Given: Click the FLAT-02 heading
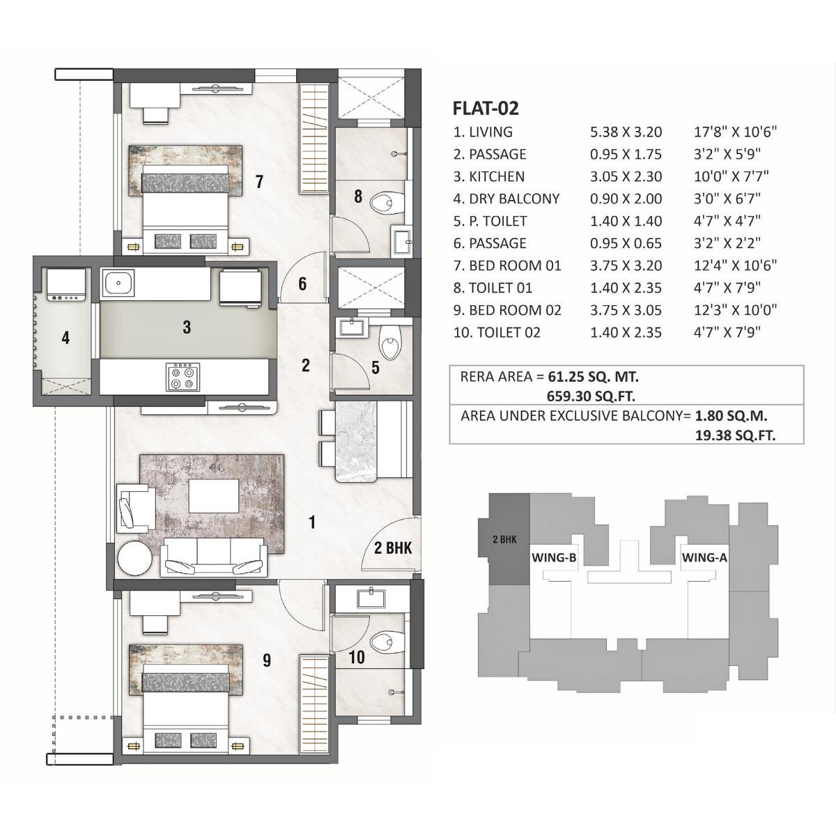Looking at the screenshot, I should (x=486, y=108).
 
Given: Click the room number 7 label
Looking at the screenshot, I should (x=259, y=183).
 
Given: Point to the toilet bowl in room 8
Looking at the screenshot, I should (x=385, y=203).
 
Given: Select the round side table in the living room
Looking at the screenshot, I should (x=133, y=558).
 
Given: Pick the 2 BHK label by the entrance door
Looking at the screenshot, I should (x=393, y=548).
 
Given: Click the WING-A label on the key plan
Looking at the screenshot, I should (x=704, y=557).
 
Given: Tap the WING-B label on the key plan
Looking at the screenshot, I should (x=553, y=557).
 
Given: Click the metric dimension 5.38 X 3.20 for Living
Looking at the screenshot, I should (x=626, y=132).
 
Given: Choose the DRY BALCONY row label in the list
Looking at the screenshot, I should (x=506, y=199).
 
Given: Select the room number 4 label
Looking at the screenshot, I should (x=65, y=339).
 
